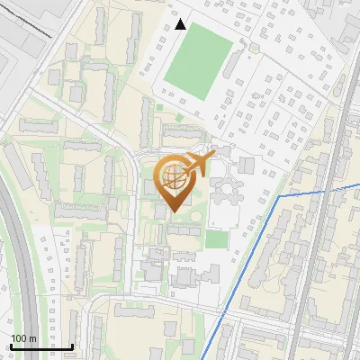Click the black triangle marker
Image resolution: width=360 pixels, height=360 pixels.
[181, 24]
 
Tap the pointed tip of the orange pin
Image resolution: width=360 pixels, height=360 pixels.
[174, 211]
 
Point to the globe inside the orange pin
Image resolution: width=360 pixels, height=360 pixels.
[174, 179]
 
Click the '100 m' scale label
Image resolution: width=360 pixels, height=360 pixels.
[23, 338]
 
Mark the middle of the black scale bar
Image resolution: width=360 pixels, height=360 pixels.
[41, 346]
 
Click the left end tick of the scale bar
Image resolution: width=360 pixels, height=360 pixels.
[10, 345]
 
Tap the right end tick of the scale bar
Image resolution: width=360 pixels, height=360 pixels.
[72, 345]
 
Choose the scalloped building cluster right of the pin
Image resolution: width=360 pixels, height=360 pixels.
[226, 193]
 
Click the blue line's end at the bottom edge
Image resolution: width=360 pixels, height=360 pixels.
[209, 357]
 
